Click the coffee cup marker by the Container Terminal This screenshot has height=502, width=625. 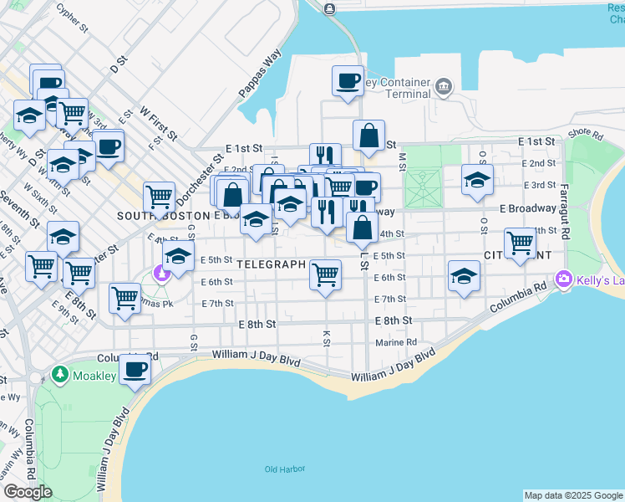tap(348, 81)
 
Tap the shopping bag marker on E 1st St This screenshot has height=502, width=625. tap(368, 136)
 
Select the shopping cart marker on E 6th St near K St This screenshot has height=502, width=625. tap(325, 274)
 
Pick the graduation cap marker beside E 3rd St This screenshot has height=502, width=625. tap(477, 179)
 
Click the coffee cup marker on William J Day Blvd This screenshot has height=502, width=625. tap(135, 369)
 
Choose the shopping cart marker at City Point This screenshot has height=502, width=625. tap(520, 243)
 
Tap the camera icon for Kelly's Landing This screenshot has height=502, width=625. tap(565, 279)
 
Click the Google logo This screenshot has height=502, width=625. tap(28, 492)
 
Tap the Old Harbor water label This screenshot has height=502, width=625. tap(283, 469)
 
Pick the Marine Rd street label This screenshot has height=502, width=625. tap(396, 342)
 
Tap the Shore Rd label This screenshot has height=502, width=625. tap(585, 134)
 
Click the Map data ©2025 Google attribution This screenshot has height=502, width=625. tap(573, 495)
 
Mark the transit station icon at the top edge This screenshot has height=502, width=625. tap(329, 8)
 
